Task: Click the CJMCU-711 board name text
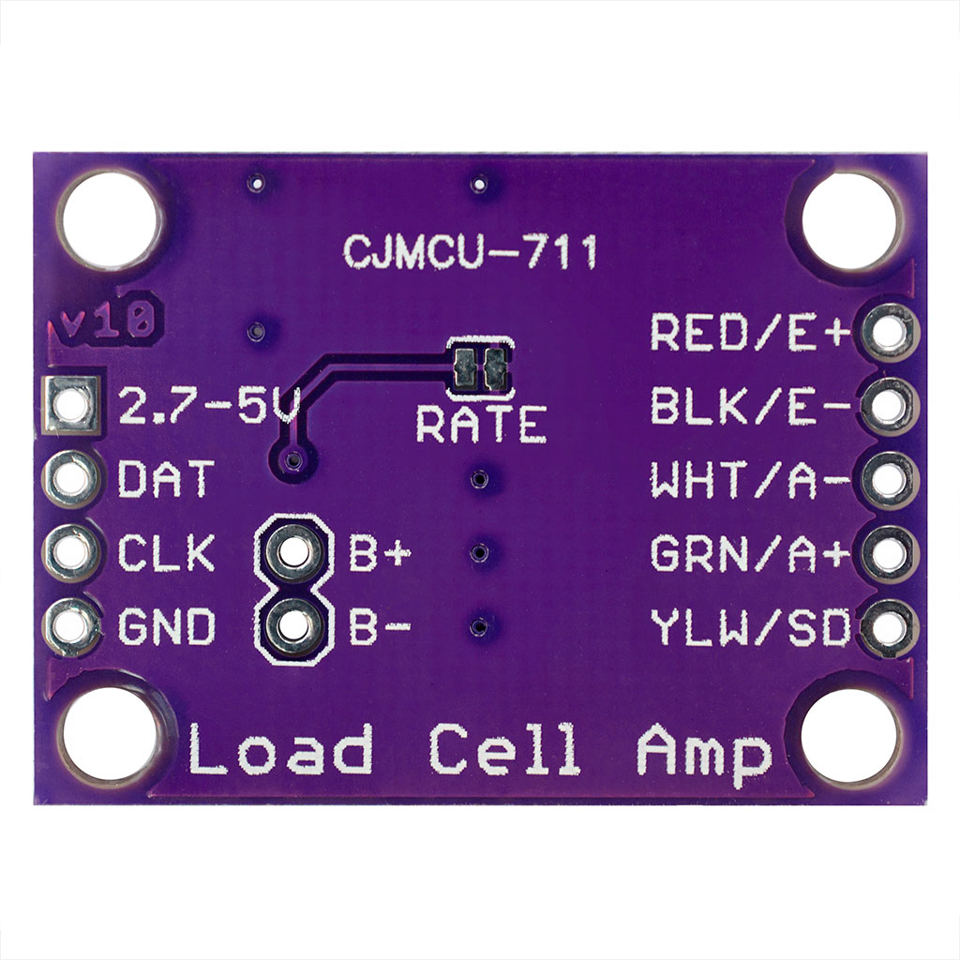coord(470,251)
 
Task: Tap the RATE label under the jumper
coord(481,425)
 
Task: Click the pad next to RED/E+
coord(887,331)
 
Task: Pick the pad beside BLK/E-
coord(887,405)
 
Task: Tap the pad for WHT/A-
coord(887,479)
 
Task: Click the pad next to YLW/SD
coord(887,627)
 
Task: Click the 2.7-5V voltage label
coord(209,407)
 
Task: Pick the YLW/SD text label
coord(750,628)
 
